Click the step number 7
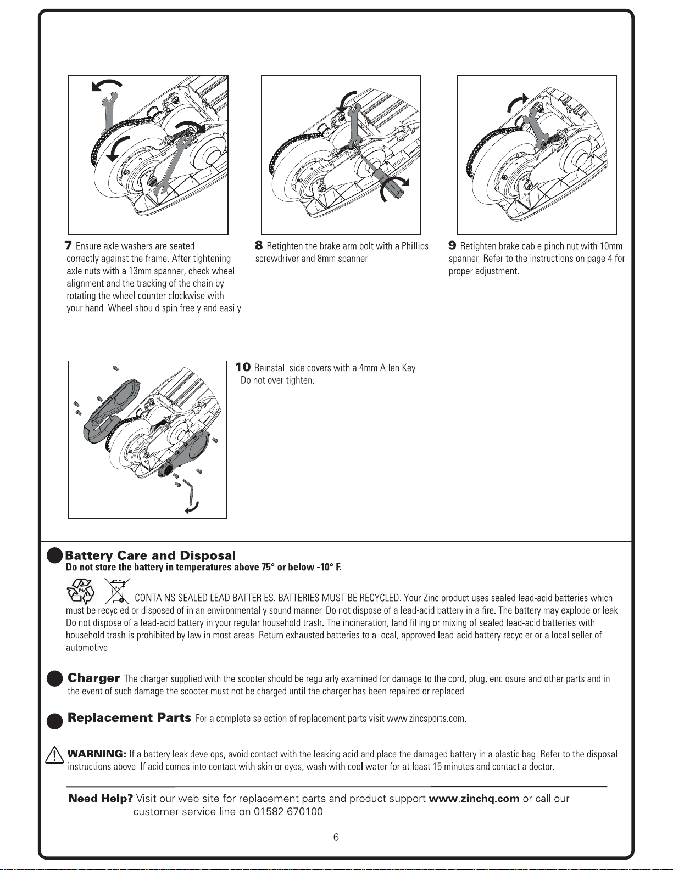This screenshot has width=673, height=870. coord(68,245)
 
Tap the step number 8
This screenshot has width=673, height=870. coord(259,245)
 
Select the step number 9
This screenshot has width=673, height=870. coord(453,245)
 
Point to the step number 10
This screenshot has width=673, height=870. coord(243,367)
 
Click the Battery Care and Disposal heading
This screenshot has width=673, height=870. coord(150,555)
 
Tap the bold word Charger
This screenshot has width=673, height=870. coord(93,678)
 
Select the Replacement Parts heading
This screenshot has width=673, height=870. coord(129,718)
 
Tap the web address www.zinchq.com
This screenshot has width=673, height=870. coord(474,799)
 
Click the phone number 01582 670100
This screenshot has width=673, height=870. coord(288,812)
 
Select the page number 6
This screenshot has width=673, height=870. coord(336,837)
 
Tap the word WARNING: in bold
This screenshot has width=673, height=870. coord(97,754)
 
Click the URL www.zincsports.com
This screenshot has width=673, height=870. coord(426,719)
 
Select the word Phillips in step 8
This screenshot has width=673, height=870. coord(415,246)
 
